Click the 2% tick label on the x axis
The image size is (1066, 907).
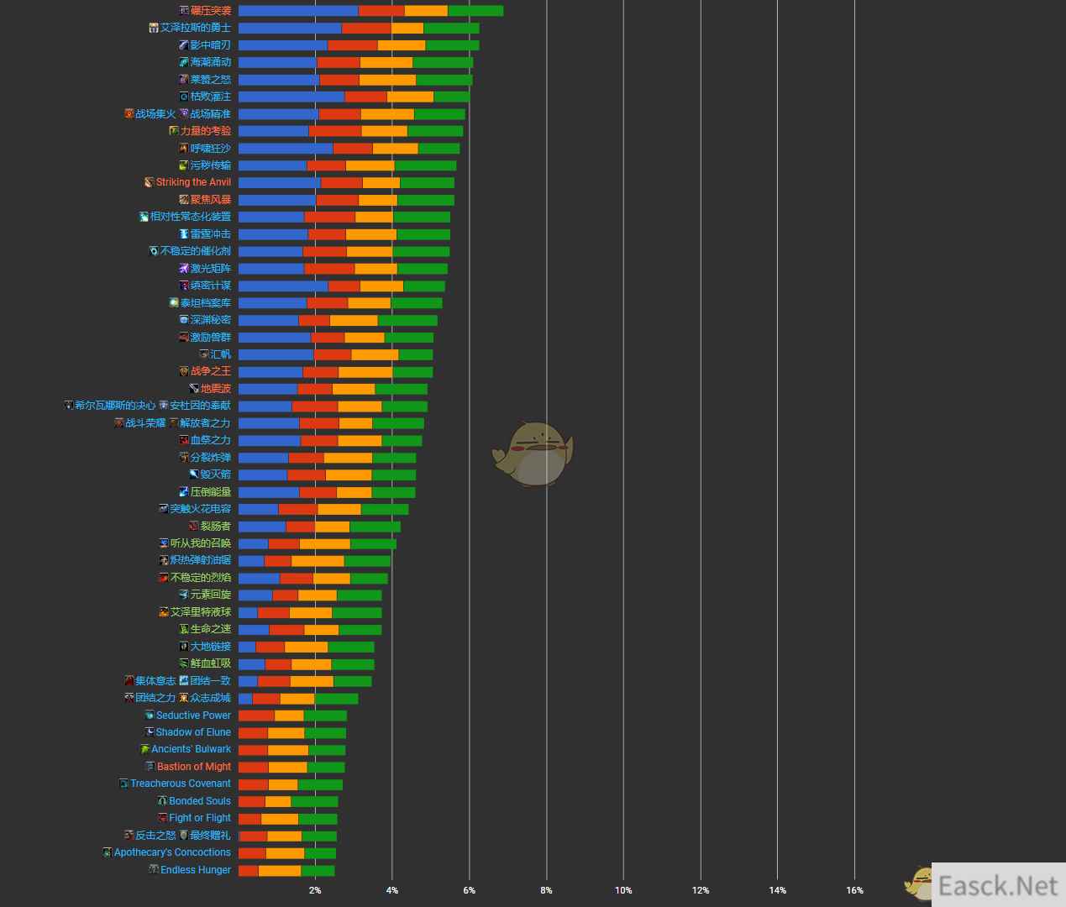[x=315, y=890]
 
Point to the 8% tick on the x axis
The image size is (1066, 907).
[x=546, y=890]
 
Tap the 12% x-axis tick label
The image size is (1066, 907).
[x=700, y=890]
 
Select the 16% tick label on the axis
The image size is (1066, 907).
[x=854, y=890]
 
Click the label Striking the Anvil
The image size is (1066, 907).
[x=193, y=182]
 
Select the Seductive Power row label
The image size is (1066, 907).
[x=193, y=716]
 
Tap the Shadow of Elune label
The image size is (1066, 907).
[x=193, y=732]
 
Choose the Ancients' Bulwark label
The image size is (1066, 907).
[x=191, y=749]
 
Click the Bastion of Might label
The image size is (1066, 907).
[x=193, y=767]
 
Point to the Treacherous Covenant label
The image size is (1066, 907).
[x=180, y=784]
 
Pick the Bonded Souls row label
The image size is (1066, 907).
[x=199, y=801]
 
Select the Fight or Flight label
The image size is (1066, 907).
[x=199, y=818]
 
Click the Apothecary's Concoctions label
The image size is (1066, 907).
[x=172, y=852]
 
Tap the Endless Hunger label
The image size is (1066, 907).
[x=195, y=870]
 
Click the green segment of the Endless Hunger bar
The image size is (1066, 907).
[x=318, y=870]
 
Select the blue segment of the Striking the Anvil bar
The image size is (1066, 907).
[x=279, y=182]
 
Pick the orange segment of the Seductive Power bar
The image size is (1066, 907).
[x=289, y=716]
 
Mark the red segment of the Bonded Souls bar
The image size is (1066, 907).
[x=251, y=801]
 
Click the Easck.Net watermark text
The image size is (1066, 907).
[x=998, y=886]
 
